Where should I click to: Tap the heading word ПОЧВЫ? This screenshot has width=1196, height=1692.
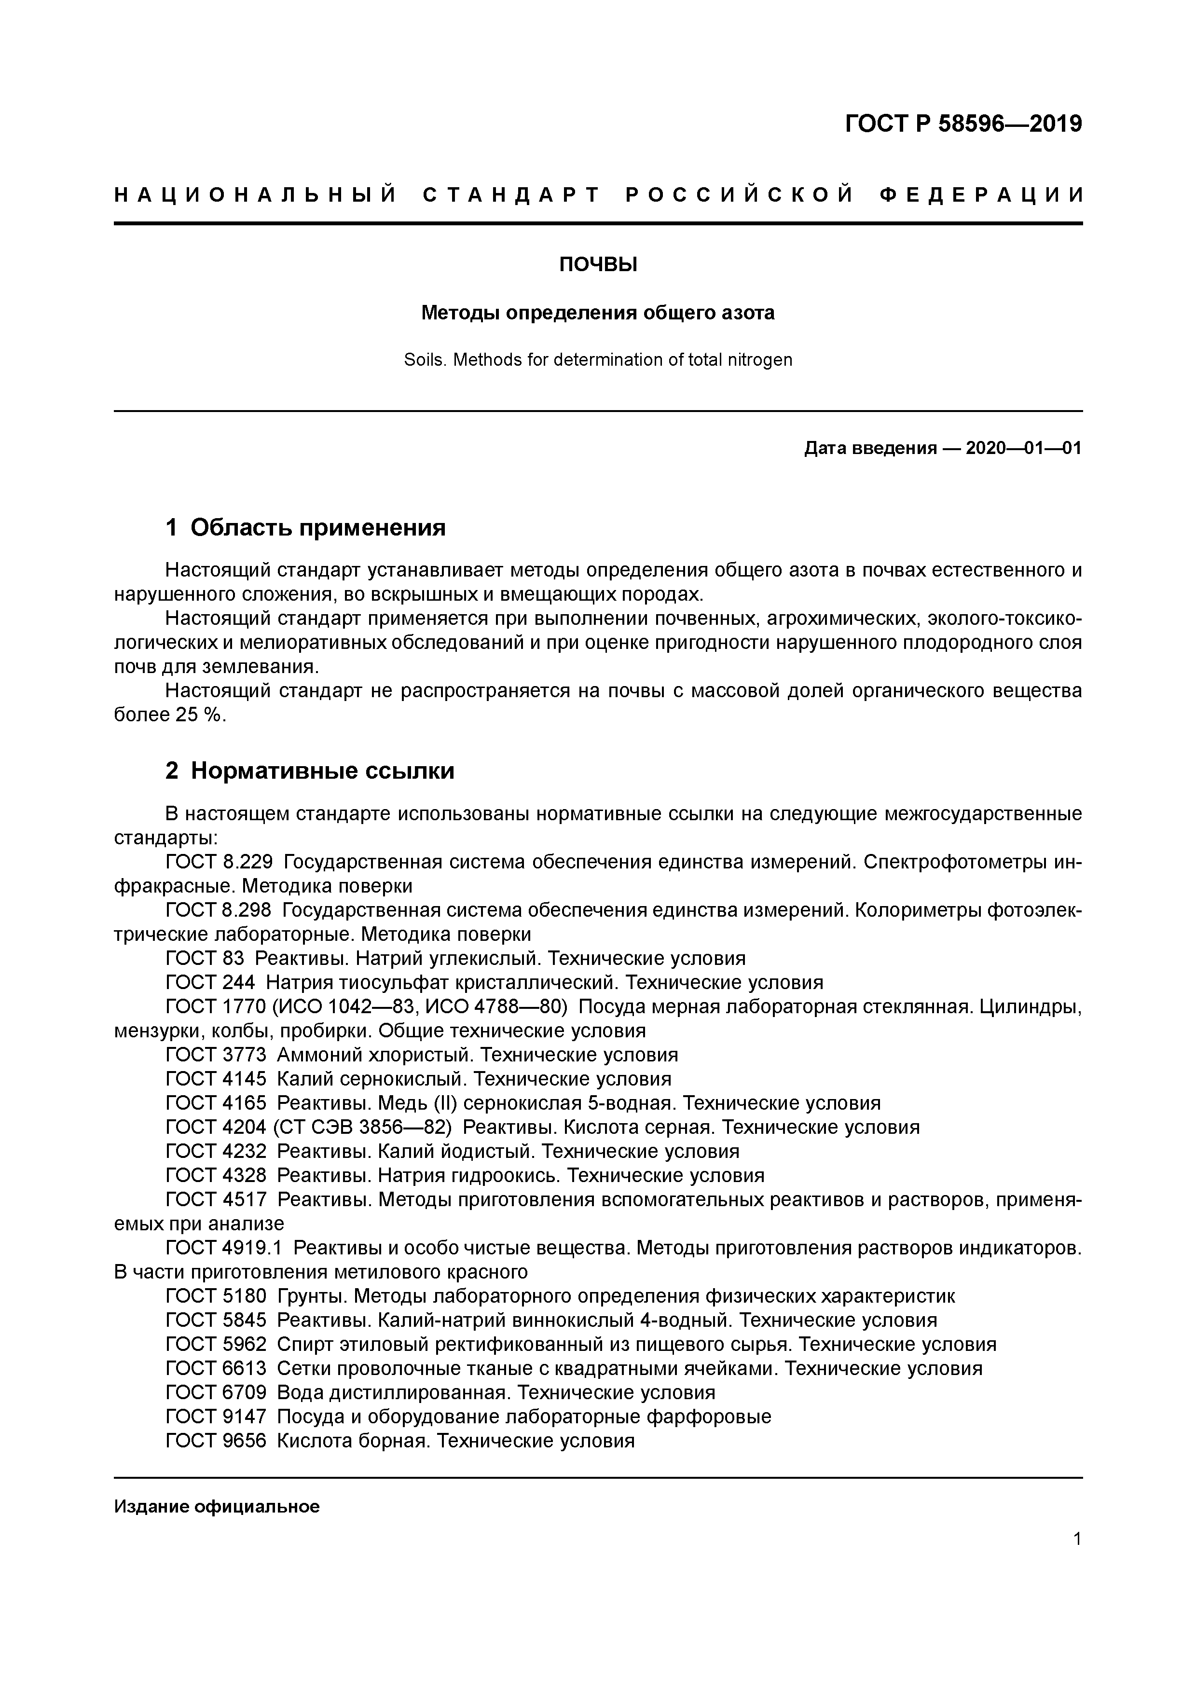point(598,264)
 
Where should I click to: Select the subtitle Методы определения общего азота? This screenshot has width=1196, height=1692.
point(598,313)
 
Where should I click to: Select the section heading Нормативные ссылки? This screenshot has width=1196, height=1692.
point(322,771)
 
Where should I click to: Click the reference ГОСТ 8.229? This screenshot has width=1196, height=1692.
point(219,862)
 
